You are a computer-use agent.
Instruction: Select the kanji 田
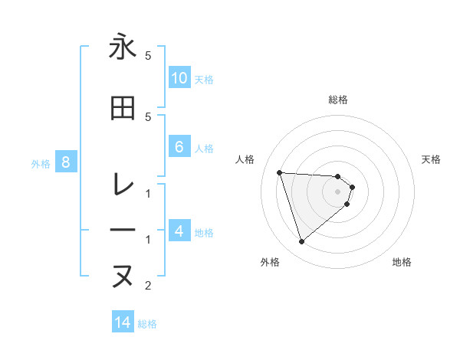[122, 108]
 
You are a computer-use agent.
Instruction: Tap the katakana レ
[122, 184]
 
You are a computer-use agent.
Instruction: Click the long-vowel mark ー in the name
[122, 231]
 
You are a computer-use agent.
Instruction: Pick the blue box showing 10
[179, 78]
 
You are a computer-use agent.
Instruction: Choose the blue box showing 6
[179, 147]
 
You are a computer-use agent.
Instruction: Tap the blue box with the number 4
[179, 232]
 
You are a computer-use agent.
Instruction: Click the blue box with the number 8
[66, 162]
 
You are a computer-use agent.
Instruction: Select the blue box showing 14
[123, 322]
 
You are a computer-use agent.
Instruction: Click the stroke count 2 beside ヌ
[148, 286]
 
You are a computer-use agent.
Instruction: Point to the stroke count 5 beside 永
[148, 56]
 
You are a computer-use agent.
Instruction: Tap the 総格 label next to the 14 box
[147, 324]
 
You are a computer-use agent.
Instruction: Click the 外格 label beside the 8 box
[41, 163]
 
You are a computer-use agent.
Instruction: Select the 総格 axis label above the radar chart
[338, 100]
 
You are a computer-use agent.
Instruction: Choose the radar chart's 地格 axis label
[402, 262]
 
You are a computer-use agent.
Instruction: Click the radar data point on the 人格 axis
[279, 172]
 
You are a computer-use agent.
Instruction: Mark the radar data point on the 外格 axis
[301, 242]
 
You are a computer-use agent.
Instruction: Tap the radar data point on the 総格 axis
[338, 176]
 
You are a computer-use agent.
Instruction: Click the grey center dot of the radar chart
[338, 191]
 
